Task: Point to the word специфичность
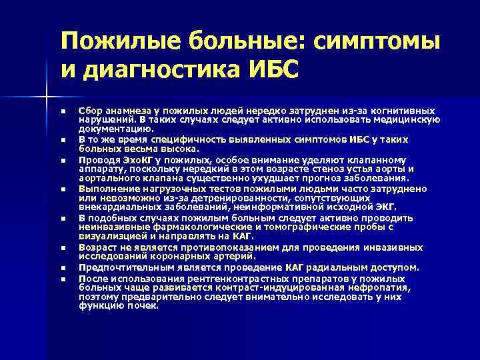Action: (173, 139)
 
